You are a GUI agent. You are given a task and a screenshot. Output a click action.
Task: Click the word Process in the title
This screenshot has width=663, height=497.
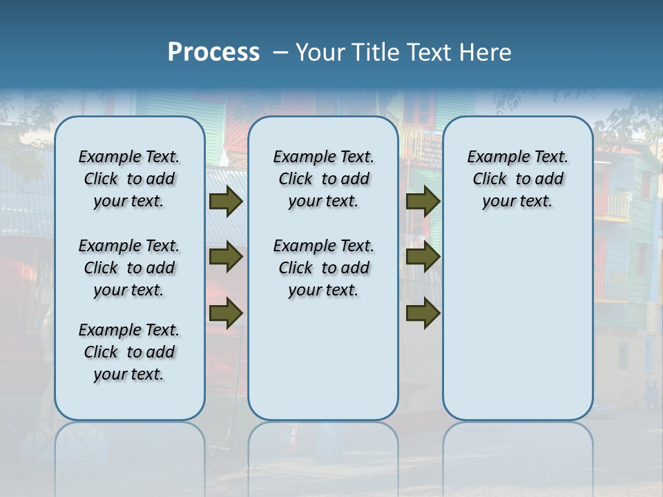213,52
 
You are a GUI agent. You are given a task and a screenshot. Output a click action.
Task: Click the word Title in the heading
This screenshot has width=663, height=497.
374,52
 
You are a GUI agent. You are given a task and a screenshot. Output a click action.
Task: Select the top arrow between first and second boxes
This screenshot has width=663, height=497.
225,201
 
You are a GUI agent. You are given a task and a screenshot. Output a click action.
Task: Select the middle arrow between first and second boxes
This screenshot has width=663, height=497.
225,257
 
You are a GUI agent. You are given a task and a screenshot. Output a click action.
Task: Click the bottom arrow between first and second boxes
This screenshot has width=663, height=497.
225,313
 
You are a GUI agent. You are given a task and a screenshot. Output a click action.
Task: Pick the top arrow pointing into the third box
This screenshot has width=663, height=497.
423,201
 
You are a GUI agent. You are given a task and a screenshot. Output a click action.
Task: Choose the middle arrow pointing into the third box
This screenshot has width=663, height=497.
423,257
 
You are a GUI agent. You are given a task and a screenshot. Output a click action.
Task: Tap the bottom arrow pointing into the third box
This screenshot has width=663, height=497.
423,313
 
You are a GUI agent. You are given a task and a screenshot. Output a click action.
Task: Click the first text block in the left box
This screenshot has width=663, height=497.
129,179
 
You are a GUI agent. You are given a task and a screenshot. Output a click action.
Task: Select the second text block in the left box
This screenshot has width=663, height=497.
129,268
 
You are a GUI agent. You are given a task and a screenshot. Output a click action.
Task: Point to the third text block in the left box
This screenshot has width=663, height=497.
129,352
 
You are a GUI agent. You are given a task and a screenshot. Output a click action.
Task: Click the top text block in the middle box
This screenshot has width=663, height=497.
323,179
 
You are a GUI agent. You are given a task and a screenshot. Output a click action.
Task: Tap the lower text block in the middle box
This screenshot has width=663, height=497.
323,268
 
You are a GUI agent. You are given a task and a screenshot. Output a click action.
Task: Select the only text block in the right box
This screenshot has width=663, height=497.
517,179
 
